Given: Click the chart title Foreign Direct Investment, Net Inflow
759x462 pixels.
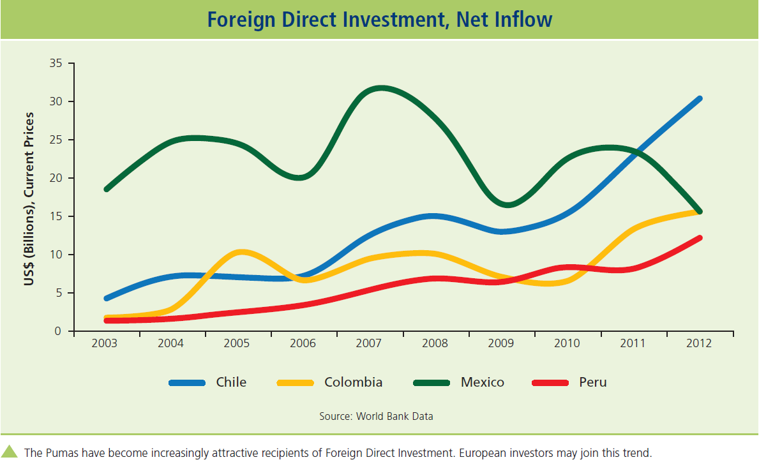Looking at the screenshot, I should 379,20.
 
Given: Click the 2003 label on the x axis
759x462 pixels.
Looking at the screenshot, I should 105,343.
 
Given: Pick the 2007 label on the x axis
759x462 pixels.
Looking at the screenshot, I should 368,343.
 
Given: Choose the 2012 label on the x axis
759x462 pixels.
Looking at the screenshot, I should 698,343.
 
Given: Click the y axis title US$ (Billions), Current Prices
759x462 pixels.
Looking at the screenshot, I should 29,199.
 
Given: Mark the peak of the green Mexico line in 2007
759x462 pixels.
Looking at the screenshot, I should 380,88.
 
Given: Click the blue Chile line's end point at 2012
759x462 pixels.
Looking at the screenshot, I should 699,99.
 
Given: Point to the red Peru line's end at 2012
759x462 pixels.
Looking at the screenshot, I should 699,238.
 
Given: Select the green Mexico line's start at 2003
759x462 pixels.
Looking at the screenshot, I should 107,189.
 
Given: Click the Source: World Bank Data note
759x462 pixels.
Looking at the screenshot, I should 376,416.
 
